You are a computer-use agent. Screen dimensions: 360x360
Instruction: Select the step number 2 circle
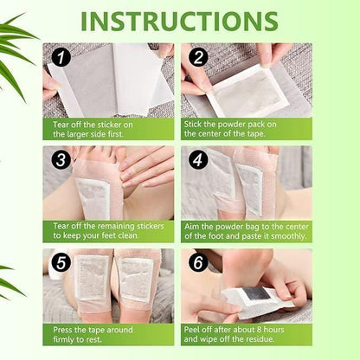(x=197, y=58)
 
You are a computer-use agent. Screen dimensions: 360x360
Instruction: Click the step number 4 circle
(x=198, y=160)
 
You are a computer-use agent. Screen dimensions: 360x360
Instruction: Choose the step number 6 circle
(x=198, y=263)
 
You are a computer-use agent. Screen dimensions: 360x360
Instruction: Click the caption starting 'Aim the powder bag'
(x=246, y=231)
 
